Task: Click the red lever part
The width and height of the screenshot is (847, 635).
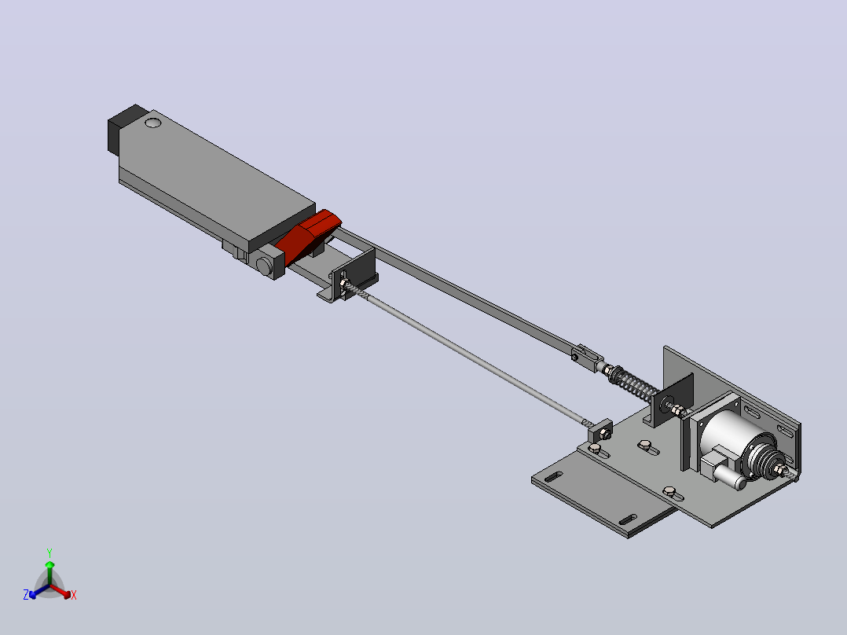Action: pyautogui.click(x=308, y=237)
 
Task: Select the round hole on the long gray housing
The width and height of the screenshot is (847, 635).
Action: pyautogui.click(x=153, y=123)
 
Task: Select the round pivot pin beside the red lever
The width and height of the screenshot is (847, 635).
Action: pyautogui.click(x=264, y=266)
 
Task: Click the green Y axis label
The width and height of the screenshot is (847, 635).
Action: pyautogui.click(x=49, y=552)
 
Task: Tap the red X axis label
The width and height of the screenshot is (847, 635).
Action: pyautogui.click(x=74, y=595)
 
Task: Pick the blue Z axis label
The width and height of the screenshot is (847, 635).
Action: pyautogui.click(x=26, y=594)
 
